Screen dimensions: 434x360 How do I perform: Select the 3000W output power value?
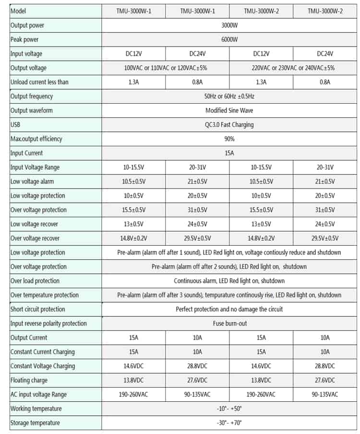click(x=229, y=25)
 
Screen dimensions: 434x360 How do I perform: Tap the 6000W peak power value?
click(x=229, y=39)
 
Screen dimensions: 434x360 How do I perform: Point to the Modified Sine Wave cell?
click(x=229, y=110)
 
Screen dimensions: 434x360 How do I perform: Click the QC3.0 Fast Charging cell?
click(x=229, y=125)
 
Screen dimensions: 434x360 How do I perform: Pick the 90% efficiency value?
click(x=229, y=139)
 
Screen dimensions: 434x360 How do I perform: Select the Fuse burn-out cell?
click(x=229, y=323)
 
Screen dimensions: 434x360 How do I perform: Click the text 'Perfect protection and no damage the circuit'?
click(x=229, y=309)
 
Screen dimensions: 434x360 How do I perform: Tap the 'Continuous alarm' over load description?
click(x=229, y=281)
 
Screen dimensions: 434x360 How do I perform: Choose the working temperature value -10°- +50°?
click(x=229, y=409)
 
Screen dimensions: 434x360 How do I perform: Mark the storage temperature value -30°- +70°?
click(x=229, y=423)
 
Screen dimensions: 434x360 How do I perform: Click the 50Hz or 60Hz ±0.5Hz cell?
click(x=229, y=96)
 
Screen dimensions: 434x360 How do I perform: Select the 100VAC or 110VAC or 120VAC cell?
click(x=166, y=68)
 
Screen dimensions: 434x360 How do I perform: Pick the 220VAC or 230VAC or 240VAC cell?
click(x=293, y=68)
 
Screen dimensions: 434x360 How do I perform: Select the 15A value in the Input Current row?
click(x=229, y=153)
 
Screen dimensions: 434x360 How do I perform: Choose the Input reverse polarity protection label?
click(x=48, y=323)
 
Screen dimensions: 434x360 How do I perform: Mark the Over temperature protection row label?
click(x=45, y=295)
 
